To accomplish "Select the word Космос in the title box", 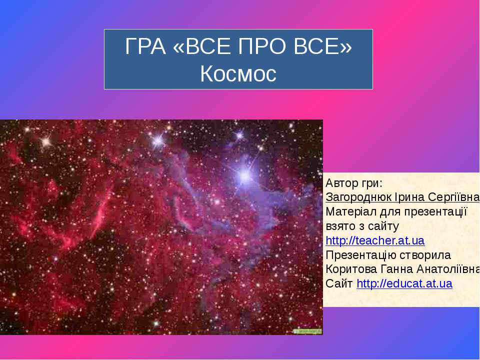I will (x=238, y=74).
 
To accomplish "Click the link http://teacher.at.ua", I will (x=375, y=240).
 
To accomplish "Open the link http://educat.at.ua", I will (x=404, y=284).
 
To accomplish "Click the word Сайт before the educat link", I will (x=339, y=284).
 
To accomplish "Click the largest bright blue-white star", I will (x=244, y=174).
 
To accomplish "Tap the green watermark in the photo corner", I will (x=307, y=330).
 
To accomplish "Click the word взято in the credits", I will (x=339, y=226).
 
